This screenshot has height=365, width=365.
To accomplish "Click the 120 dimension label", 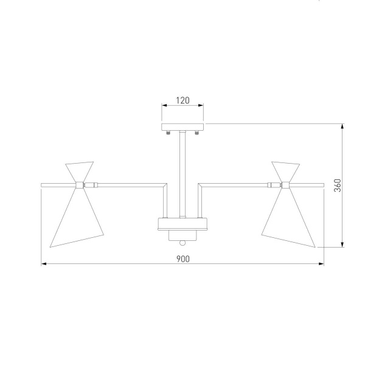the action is [182, 100].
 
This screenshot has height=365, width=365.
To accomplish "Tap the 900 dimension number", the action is [183, 259].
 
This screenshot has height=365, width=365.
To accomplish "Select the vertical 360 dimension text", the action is [337, 186].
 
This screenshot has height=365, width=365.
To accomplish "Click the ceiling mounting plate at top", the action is [182, 127].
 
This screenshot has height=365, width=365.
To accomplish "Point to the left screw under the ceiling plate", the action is [168, 133].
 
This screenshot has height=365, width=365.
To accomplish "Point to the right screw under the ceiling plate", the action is [197, 133].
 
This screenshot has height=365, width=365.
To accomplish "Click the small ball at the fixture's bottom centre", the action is [182, 243].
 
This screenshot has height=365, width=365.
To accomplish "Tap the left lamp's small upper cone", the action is [79, 172].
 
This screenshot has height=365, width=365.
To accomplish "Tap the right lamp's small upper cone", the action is [286, 172].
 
